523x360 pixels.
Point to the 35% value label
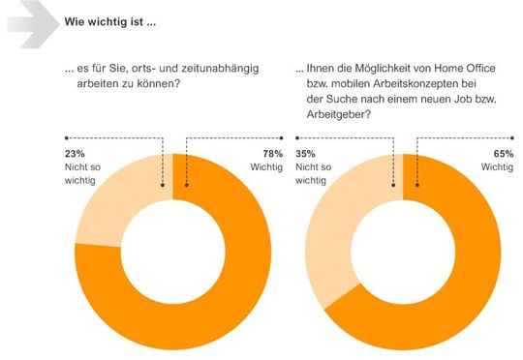[305, 152]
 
